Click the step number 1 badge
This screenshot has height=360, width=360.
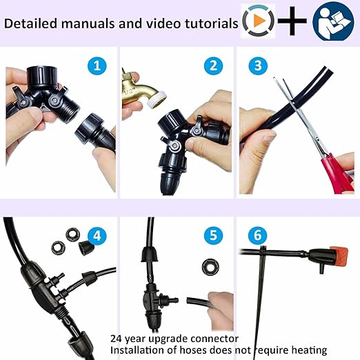tap(97, 67)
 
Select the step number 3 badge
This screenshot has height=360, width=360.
tap(259, 67)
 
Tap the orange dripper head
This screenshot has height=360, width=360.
tap(336, 255)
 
